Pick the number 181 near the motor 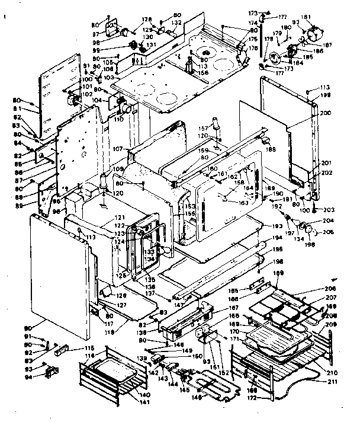click(322, 17)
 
